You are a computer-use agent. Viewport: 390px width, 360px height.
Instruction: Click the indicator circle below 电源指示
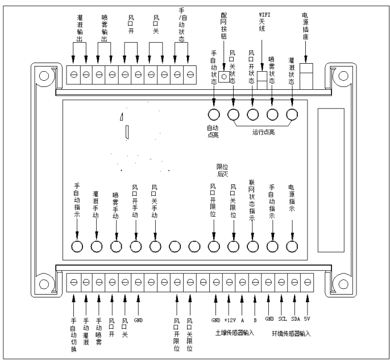point(292,246)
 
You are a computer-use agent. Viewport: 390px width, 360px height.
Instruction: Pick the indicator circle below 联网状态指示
point(253,246)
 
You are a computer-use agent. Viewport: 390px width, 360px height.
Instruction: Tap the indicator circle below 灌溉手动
point(97,246)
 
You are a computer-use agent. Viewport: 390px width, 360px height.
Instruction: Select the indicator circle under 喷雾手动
point(116,246)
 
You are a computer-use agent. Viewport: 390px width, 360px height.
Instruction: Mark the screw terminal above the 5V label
point(308,280)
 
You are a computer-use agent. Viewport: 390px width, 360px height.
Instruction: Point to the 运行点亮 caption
point(263,133)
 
